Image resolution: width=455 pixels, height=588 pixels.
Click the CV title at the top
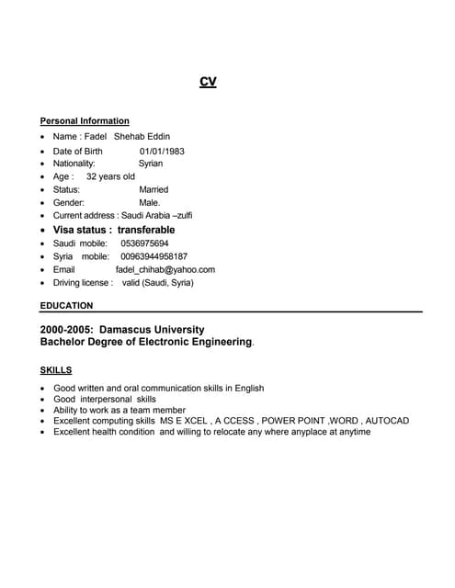[x=208, y=82]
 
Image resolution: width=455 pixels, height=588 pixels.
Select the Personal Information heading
[x=85, y=121]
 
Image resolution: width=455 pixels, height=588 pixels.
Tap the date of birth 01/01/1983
[x=162, y=151]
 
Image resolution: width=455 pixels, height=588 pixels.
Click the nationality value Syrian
[x=144, y=164]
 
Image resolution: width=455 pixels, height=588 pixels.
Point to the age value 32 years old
[x=110, y=176]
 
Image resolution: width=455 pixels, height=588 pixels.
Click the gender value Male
[x=149, y=202]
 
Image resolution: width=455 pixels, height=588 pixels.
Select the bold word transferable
[x=146, y=230]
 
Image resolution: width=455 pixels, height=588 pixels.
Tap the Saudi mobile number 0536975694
[x=145, y=243]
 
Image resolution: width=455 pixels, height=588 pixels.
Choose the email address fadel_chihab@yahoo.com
[x=165, y=270]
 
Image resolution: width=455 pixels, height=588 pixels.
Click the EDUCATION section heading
[x=66, y=305]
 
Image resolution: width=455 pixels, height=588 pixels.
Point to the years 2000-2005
[x=66, y=329]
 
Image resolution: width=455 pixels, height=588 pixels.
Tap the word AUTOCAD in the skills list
[x=388, y=421]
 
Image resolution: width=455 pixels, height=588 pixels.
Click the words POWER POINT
[x=294, y=421]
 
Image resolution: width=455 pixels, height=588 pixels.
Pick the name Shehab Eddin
[x=142, y=137]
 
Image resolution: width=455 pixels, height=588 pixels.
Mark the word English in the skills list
[x=249, y=389]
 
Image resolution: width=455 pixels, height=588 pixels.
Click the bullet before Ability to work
[x=43, y=411]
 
